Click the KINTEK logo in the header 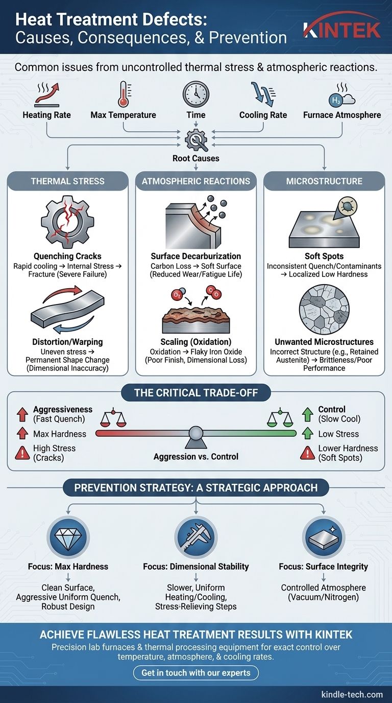coord(342,28)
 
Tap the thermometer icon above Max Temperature coord(124,94)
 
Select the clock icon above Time coord(196,94)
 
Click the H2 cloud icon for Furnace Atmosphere coord(342,96)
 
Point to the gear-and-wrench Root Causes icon coord(196,140)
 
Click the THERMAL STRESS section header coord(68,181)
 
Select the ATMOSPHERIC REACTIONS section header coord(196,181)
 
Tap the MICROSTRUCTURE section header coord(324,181)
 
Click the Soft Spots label coord(324,256)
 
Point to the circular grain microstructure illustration coord(324,310)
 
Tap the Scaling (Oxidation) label coord(196,342)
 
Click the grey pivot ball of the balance coord(196,433)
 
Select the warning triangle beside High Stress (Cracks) coord(22,453)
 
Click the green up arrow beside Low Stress coord(308,433)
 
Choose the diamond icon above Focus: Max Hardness coord(68,537)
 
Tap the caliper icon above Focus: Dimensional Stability coord(196,537)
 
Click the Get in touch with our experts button coord(196,672)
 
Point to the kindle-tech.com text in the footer coord(352,694)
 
